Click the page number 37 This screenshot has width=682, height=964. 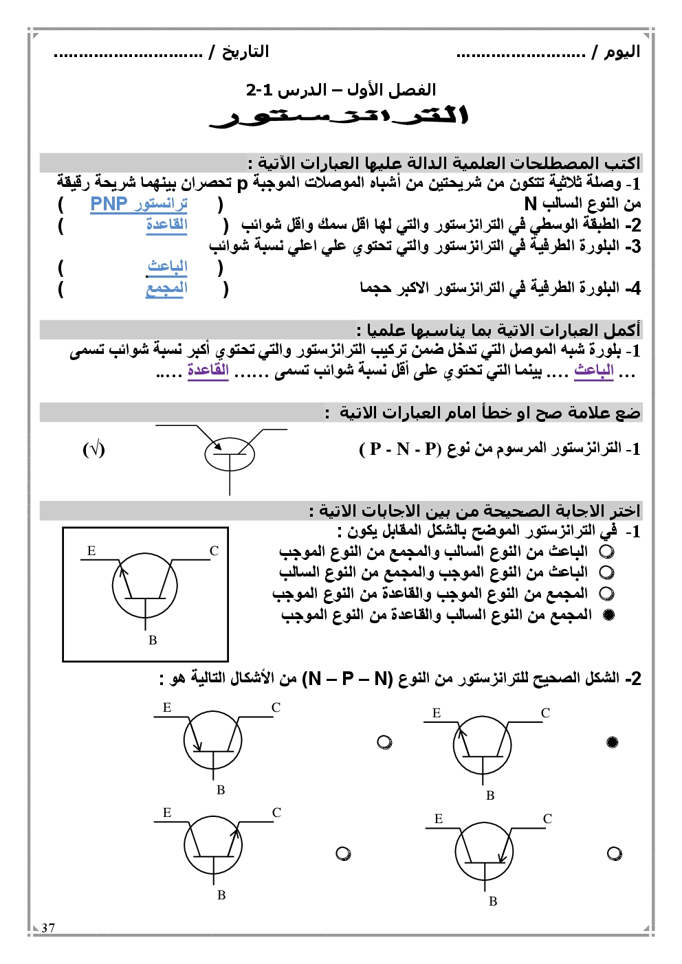coord(48,928)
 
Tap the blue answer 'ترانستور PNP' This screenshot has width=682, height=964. coord(139,204)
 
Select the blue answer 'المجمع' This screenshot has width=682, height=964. coord(166,289)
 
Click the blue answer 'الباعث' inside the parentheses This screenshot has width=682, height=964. coord(168,266)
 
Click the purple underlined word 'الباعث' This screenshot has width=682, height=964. coord(594,370)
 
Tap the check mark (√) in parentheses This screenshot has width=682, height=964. coord(93,449)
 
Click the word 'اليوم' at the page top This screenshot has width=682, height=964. coord(622,52)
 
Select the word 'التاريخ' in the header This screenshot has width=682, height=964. coord(245,52)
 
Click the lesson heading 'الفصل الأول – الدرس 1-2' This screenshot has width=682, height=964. coord(341,90)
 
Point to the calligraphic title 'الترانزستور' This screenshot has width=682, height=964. coord(340,117)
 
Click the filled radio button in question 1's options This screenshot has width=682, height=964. coord(608,615)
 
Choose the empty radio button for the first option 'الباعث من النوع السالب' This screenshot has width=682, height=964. coord(606,552)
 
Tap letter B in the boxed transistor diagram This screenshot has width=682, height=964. coord(153,640)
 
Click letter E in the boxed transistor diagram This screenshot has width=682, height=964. coord(91,551)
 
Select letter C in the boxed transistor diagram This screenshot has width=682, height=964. coord(214,551)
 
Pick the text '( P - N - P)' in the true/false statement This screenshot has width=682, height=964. coord(399,449)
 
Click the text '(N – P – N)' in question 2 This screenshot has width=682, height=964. coord(347,679)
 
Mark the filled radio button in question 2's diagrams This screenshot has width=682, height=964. coord(613,742)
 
